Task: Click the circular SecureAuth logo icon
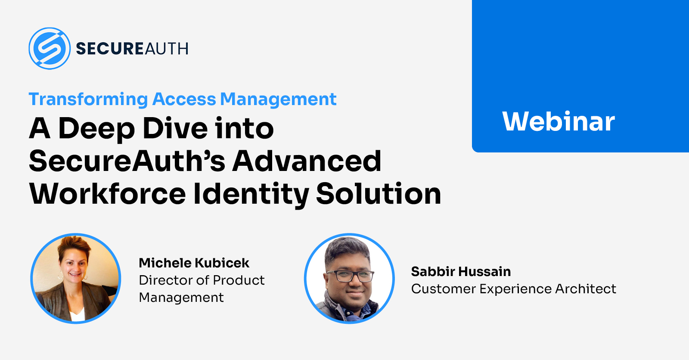[50, 48]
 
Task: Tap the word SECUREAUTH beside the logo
[132, 49]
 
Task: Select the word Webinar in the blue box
[558, 121]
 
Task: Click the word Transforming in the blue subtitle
[88, 99]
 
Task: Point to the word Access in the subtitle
[184, 99]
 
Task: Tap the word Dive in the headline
[175, 128]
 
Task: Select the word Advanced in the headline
[307, 161]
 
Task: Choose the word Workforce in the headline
[107, 194]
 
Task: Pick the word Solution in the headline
[379, 194]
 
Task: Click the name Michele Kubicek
[194, 263]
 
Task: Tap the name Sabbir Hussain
[461, 272]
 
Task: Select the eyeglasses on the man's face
[351, 276]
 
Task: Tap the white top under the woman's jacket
[77, 314]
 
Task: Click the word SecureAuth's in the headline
[127, 161]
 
